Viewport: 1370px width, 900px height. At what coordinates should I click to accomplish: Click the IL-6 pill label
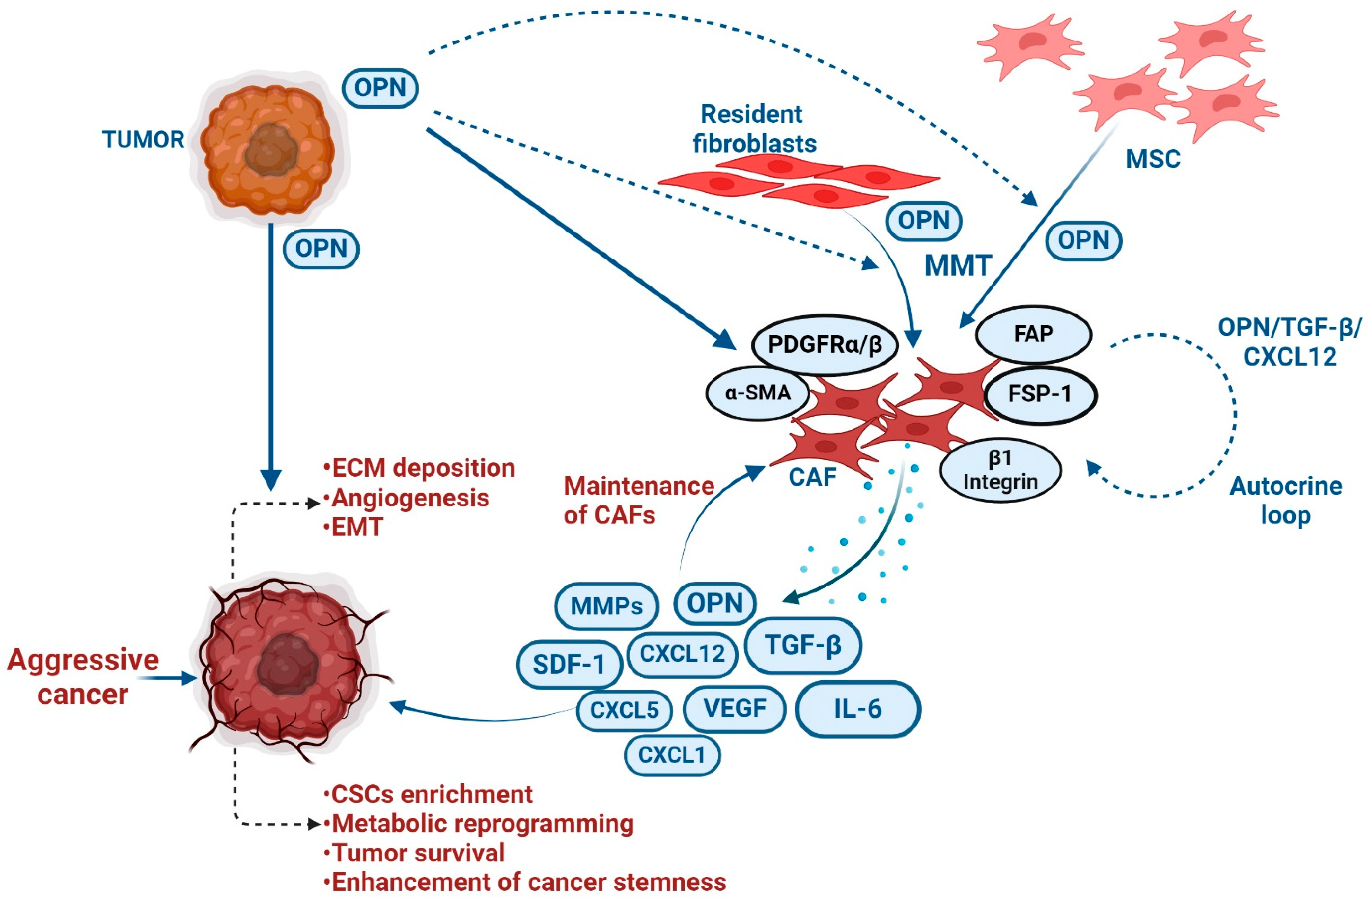coord(858,709)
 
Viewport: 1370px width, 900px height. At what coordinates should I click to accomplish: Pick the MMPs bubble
coord(606,606)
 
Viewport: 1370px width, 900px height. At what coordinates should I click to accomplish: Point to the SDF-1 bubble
coord(569,664)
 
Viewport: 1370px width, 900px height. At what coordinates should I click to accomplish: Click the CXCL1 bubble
coord(672,754)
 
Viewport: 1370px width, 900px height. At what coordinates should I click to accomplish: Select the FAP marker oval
coord(1034,334)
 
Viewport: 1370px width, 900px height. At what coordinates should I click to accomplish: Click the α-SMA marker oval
coord(758,394)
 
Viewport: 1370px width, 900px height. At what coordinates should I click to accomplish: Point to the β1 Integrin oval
coord(1000,470)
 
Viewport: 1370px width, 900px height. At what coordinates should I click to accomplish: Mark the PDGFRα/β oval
coord(824,345)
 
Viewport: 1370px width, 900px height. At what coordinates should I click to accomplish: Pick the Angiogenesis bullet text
coord(410,498)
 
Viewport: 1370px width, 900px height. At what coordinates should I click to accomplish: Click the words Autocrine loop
coord(1285,501)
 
